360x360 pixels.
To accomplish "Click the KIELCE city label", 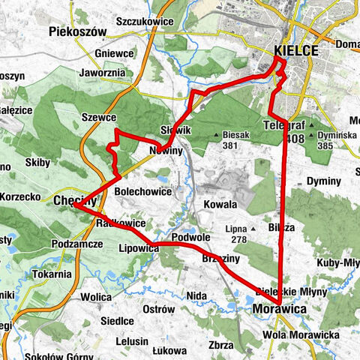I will tap(297, 51).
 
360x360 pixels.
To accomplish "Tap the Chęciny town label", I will tap(75, 201).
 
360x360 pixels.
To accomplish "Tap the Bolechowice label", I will tap(143, 192).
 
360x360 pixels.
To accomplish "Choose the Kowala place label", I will tap(220, 204).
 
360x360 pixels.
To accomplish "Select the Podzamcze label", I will tap(77, 244).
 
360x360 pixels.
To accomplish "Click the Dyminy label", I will tap(324, 182).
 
